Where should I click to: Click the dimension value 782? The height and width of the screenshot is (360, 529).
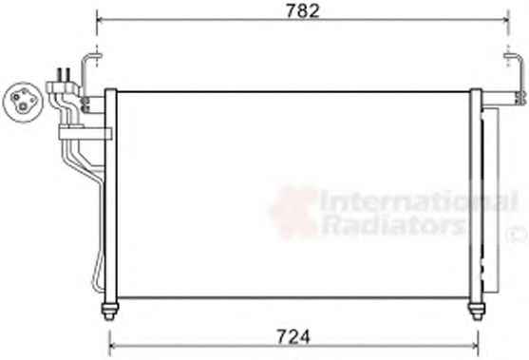coord(302,10)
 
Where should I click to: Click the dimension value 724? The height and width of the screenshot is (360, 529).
coord(293,336)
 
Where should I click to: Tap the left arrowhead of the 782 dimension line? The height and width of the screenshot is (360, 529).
coord(100,20)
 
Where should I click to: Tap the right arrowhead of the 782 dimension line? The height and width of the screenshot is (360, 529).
coord(505,20)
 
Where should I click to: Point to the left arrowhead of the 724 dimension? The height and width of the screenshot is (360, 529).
coord(113,345)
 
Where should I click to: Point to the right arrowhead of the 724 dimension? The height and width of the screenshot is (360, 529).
coord(475,345)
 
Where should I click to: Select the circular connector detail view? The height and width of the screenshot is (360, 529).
coord(23,102)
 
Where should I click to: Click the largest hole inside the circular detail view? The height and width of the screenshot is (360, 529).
coord(23,107)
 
